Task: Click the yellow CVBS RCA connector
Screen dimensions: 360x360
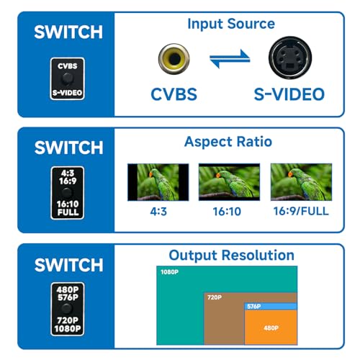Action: click(x=174, y=59)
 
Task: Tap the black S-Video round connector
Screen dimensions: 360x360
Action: click(x=290, y=58)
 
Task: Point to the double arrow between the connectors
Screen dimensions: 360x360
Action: click(x=230, y=59)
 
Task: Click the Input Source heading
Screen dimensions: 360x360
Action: click(x=231, y=24)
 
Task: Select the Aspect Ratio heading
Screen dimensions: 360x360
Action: click(x=228, y=142)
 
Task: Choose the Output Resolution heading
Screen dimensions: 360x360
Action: click(x=232, y=255)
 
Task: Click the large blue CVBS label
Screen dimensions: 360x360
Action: click(x=174, y=94)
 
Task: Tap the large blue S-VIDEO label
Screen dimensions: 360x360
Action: click(x=289, y=94)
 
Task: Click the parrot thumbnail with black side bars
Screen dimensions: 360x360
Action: click(x=158, y=182)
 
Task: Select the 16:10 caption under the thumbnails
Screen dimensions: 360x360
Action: click(x=227, y=212)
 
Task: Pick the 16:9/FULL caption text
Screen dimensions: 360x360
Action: click(x=301, y=212)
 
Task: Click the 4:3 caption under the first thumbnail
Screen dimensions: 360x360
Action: click(x=158, y=212)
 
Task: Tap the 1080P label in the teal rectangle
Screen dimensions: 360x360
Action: click(x=170, y=272)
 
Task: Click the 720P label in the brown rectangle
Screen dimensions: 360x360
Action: click(x=215, y=297)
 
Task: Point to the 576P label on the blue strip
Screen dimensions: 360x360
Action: click(x=254, y=307)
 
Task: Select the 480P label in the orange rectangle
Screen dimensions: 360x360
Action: click(x=271, y=328)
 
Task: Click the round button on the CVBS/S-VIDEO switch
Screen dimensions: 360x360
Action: click(x=67, y=78)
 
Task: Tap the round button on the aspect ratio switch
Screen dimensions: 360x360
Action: click(x=67, y=193)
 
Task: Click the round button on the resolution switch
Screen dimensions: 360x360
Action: click(x=67, y=309)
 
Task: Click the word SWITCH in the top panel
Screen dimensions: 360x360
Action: click(x=68, y=32)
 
